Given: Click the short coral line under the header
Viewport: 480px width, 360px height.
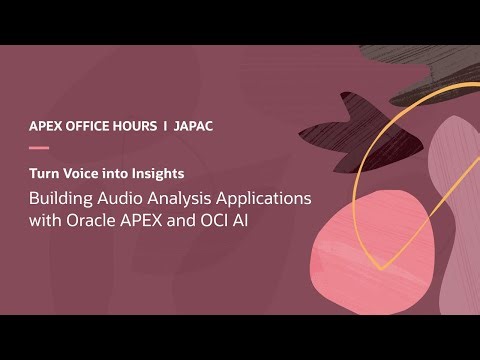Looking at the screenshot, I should pyautogui.click(x=38, y=147).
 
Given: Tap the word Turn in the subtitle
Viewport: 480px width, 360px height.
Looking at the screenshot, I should pyautogui.click(x=45, y=173).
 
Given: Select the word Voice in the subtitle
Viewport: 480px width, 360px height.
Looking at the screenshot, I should pyautogui.click(x=87, y=173).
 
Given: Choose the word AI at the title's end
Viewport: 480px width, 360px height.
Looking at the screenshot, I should pyautogui.click(x=240, y=220).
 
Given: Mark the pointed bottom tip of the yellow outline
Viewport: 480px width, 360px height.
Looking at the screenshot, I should pyautogui.click(x=379, y=268).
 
